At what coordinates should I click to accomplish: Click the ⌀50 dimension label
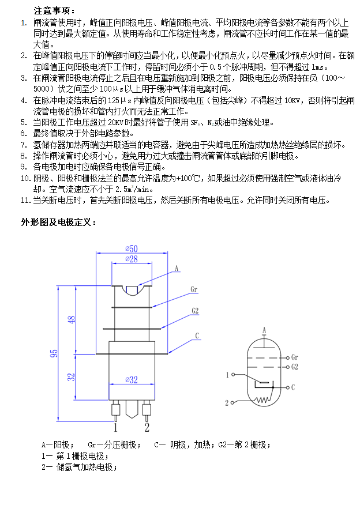[x=132, y=248]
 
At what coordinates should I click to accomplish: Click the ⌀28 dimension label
[x=132, y=259]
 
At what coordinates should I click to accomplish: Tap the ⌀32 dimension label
[x=132, y=379]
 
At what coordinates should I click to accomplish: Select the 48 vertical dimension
[x=72, y=319]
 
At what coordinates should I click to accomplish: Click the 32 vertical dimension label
[x=71, y=377]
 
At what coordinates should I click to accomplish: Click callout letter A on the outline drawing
[x=177, y=269]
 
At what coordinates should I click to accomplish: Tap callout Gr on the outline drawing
[x=194, y=289]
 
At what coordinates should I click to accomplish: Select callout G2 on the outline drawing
[x=195, y=311]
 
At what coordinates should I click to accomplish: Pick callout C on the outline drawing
[x=197, y=335]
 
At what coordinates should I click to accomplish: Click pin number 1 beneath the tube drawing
[x=115, y=427]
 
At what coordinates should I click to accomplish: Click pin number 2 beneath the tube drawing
[x=147, y=427]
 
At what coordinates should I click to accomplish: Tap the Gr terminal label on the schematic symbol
[x=295, y=357]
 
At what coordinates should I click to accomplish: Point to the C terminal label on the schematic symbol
[x=293, y=387]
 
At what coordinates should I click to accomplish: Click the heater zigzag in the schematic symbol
[x=263, y=399]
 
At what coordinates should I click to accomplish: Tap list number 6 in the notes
[x=24, y=133]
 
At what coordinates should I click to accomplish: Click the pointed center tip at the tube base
[x=132, y=417]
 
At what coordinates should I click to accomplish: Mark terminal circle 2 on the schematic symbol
[x=232, y=403]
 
